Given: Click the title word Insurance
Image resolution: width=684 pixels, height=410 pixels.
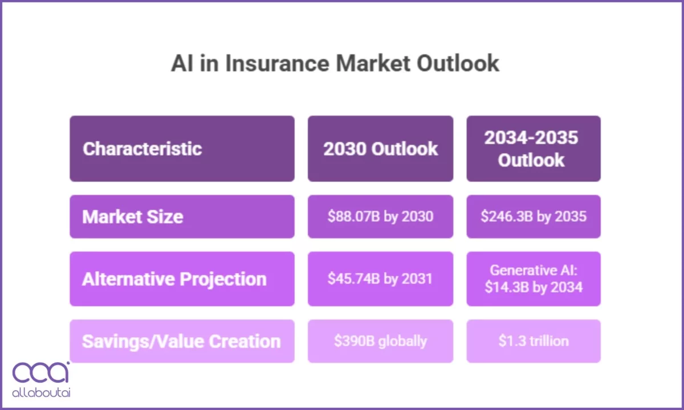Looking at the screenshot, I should click(x=276, y=63).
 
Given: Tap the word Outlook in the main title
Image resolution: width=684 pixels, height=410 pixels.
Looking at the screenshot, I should click(x=458, y=63).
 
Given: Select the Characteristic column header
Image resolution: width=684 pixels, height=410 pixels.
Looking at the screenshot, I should click(x=142, y=149).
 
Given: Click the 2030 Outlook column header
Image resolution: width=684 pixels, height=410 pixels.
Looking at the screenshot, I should click(x=380, y=149).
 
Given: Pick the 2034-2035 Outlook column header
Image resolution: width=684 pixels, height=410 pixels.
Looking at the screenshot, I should click(x=533, y=149).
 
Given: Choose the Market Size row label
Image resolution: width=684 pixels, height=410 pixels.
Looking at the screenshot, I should click(x=133, y=216).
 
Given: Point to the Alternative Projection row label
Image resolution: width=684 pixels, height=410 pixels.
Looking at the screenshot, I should click(x=174, y=279).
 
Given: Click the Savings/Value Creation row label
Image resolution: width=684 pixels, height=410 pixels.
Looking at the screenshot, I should click(x=181, y=341).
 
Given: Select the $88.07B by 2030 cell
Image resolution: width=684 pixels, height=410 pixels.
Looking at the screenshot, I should click(x=380, y=216).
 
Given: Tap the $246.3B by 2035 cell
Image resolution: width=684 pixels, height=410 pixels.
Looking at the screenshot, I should click(x=533, y=216).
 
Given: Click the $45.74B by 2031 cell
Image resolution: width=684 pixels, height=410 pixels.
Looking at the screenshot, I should click(x=380, y=279).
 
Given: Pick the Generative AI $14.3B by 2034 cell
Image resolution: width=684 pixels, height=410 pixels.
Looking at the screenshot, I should click(x=533, y=279).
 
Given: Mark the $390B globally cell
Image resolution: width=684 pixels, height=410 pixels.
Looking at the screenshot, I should click(x=380, y=341).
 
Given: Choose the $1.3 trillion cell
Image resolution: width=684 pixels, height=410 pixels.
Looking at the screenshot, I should click(x=533, y=341).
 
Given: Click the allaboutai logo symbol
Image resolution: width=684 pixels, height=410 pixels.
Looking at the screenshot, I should click(x=41, y=373).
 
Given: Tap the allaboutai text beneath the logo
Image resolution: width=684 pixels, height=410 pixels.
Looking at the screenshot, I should click(x=41, y=393).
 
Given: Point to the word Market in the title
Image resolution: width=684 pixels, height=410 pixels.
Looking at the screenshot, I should click(x=372, y=63).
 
